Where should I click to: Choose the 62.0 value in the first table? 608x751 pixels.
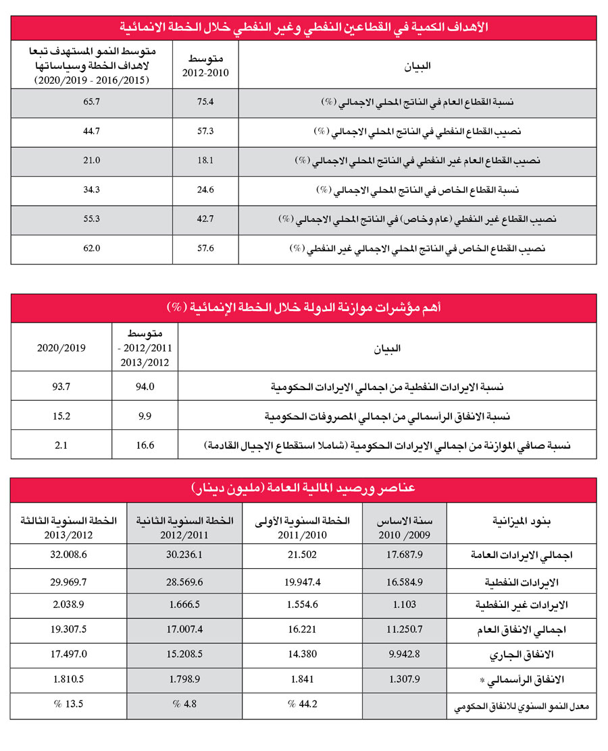[x=91, y=248]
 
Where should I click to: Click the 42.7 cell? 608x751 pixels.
[x=205, y=219]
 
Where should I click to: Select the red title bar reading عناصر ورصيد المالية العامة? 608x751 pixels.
[x=303, y=488]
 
